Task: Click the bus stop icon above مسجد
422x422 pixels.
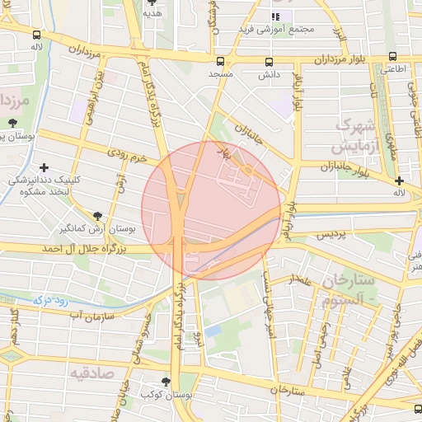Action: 220,62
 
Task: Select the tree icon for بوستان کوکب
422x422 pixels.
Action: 167,382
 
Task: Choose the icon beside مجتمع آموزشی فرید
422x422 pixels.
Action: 275,16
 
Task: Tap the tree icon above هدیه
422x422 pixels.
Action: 152,2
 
